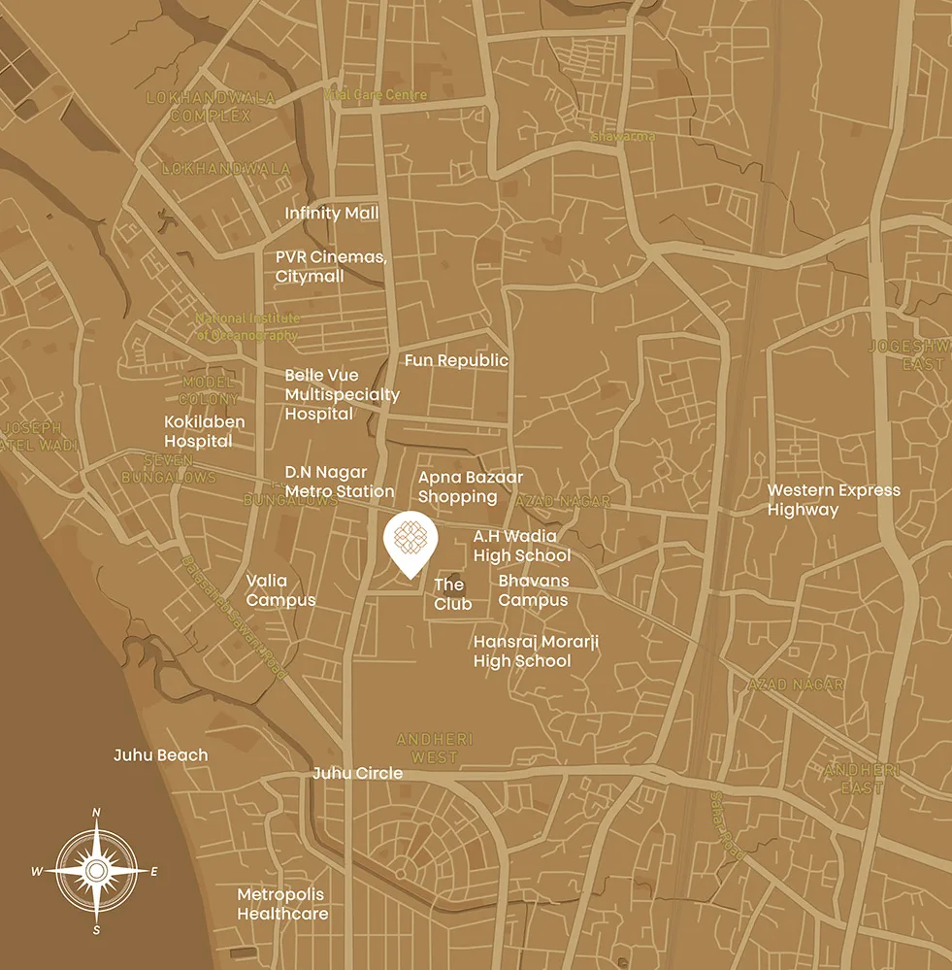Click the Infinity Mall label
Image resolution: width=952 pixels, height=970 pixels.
pos(332,213)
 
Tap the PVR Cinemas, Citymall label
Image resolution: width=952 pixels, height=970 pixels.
pos(331,267)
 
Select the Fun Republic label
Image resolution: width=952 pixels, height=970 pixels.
pos(456,360)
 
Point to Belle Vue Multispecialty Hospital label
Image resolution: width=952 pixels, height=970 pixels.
pos(342,394)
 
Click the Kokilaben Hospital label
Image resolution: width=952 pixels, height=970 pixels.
pos(204,432)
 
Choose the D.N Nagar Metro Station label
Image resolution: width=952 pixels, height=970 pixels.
pos(340,483)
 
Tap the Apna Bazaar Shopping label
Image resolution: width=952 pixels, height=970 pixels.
pos(471,487)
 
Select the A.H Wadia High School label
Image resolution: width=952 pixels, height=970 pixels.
pos(522,546)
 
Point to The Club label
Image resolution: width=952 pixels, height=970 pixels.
pos(452,594)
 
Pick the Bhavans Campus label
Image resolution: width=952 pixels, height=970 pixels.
pos(534,590)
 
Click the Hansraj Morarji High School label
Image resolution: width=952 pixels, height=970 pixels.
pos(522,652)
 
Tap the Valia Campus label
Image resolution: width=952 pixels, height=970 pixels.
pos(280,590)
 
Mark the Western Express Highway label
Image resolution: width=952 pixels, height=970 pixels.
pos(834,500)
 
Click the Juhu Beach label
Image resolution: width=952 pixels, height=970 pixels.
pos(160,754)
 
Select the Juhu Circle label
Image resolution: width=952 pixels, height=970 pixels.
pos(357,774)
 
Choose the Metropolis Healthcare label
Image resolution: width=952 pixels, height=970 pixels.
pos(282,904)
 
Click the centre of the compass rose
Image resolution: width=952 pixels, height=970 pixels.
pos(96,871)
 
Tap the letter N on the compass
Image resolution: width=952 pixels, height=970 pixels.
pos(96,814)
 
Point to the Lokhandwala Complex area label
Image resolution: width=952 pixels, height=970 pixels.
pos(211,107)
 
